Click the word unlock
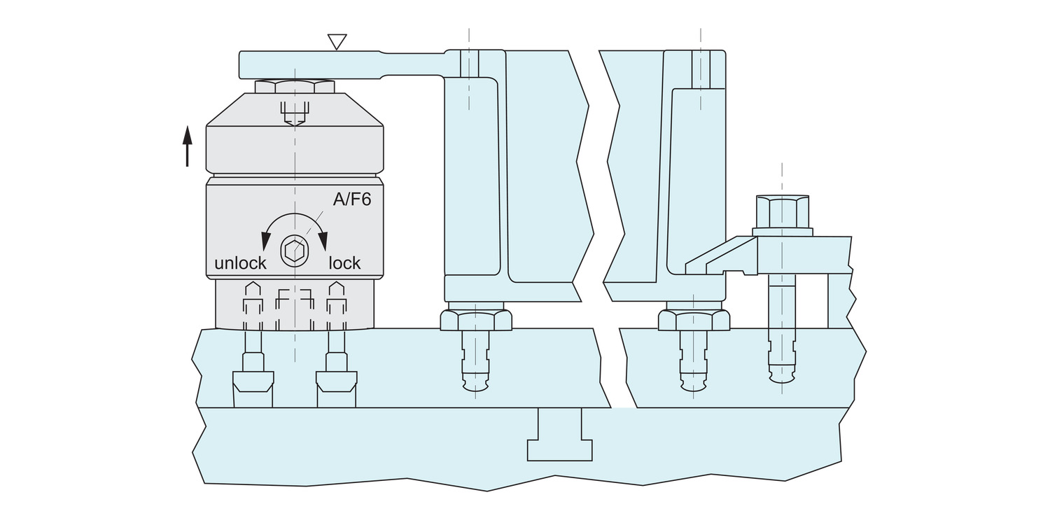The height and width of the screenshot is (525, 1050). [240, 263]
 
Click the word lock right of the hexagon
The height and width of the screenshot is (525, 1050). [344, 263]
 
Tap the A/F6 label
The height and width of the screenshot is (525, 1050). [351, 200]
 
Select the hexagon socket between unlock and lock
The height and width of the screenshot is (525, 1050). [294, 251]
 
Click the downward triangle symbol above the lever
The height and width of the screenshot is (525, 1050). [337, 42]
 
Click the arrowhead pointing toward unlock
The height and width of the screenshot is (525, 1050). [266, 241]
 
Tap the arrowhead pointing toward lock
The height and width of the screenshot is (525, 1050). [323, 241]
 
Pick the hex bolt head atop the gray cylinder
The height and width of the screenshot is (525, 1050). [295, 87]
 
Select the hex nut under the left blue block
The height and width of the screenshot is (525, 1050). [475, 319]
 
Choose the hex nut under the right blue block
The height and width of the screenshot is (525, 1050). [694, 319]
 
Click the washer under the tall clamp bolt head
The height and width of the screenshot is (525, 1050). [782, 231]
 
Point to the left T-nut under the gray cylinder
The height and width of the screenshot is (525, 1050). [253, 382]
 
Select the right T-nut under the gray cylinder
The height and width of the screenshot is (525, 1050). [337, 382]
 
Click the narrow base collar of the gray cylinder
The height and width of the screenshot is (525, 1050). [295, 304]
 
